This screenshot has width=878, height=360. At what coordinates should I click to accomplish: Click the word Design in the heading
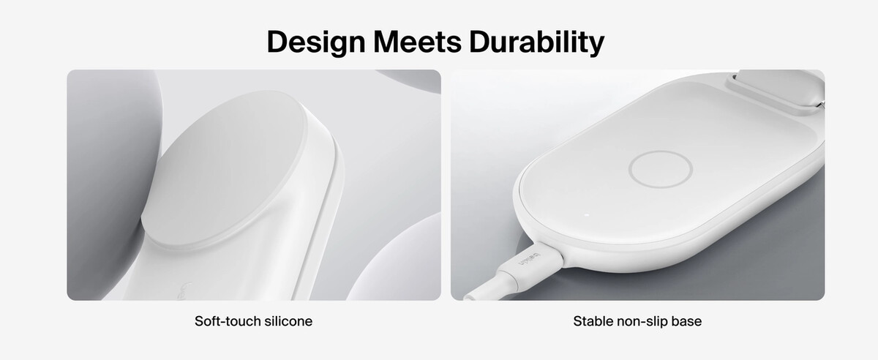(316, 42)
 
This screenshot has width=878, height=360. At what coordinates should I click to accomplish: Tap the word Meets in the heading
(418, 42)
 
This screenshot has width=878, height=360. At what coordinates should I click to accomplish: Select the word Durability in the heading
(537, 42)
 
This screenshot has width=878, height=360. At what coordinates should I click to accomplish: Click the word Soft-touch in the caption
(228, 321)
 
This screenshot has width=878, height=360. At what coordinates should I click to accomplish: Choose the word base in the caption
(686, 321)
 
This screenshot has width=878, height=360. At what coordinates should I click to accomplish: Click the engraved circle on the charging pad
(661, 151)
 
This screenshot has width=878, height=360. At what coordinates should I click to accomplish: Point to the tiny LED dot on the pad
(587, 215)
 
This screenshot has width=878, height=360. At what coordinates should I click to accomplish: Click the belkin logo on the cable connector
(529, 260)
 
